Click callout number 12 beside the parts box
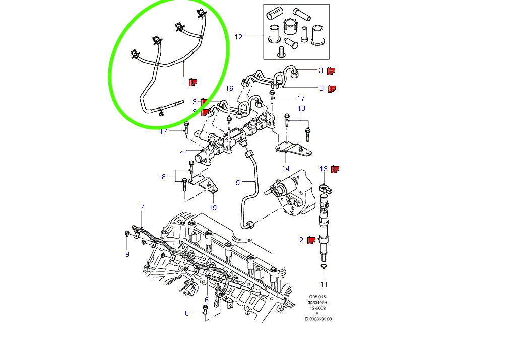pyautogui.click(x=239, y=37)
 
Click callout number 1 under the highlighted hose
pyautogui.click(x=183, y=81)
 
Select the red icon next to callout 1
pyautogui.click(x=192, y=82)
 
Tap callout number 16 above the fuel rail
pyautogui.click(x=229, y=88)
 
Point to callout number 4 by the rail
pyautogui.click(x=182, y=152)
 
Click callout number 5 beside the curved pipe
pyautogui.click(x=238, y=182)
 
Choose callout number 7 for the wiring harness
pyautogui.click(x=142, y=207)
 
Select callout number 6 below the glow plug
pyautogui.click(x=206, y=300)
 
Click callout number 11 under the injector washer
pyautogui.click(x=324, y=285)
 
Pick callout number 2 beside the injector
pyautogui.click(x=302, y=240)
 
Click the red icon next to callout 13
pyautogui.click(x=335, y=169)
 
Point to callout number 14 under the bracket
pyautogui.click(x=286, y=168)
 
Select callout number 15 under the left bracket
pyautogui.click(x=213, y=207)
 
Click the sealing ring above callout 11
pyautogui.click(x=324, y=265)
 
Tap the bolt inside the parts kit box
pyautogui.click(x=281, y=51)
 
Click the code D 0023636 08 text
pyautogui.click(x=318, y=319)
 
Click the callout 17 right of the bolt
pyautogui.click(x=301, y=98)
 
